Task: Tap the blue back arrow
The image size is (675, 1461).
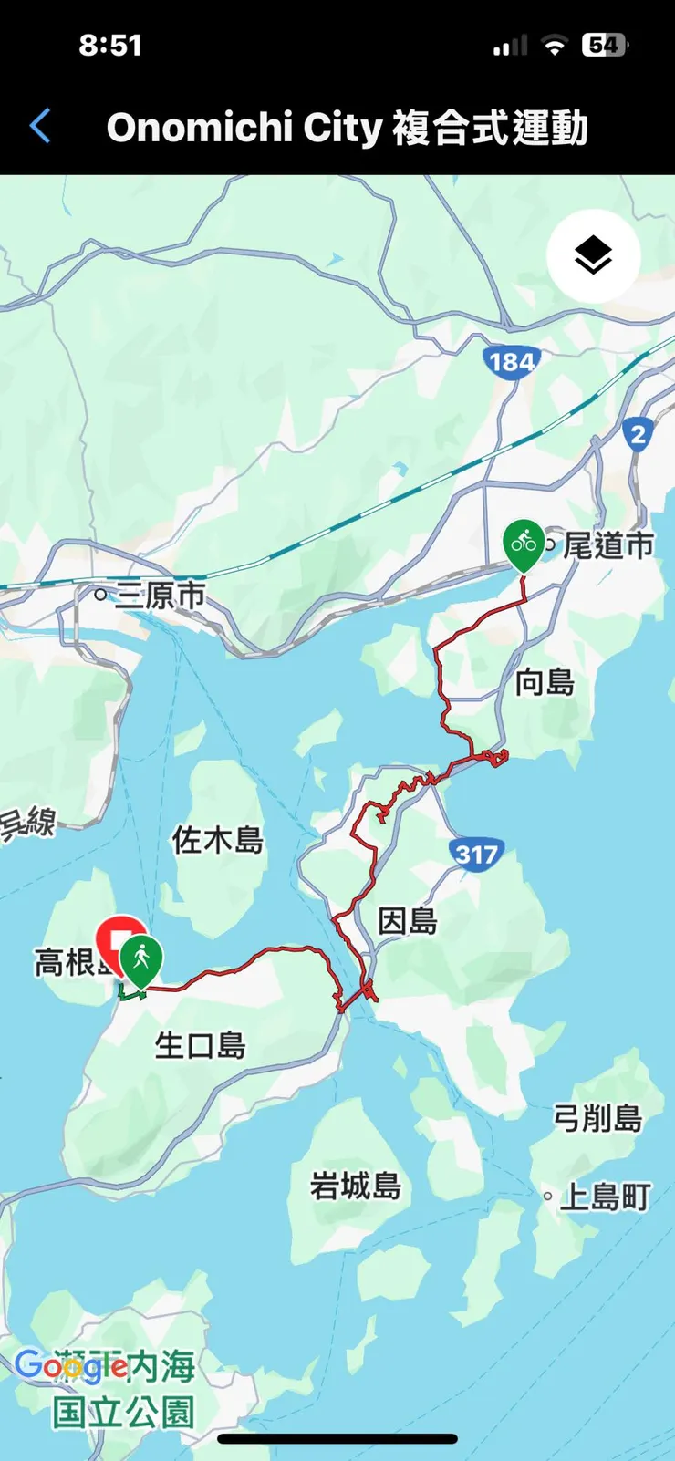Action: [40, 127]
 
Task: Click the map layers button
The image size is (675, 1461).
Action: [593, 255]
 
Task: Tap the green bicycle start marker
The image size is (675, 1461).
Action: [524, 544]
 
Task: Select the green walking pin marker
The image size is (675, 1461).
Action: [140, 960]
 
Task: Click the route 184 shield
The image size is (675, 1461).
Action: [511, 362]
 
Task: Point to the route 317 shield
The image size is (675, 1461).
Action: [476, 855]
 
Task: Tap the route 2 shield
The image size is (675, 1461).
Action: [639, 434]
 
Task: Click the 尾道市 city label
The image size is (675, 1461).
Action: [608, 545]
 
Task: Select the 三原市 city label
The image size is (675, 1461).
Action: [161, 595]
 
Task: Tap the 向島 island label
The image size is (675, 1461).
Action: [545, 681]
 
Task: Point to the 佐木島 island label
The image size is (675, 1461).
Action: [218, 839]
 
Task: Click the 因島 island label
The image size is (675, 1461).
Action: [408, 921]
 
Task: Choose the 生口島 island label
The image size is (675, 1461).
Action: [201, 1044]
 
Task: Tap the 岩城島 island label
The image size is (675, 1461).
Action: [356, 1186]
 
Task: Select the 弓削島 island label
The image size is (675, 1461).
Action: [597, 1117]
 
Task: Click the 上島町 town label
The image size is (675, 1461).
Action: [605, 1196]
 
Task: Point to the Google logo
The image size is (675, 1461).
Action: [70, 1365]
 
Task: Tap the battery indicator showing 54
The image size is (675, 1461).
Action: [604, 45]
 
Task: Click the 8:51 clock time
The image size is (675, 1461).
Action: [110, 45]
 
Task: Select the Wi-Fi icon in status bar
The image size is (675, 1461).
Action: [554, 46]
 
